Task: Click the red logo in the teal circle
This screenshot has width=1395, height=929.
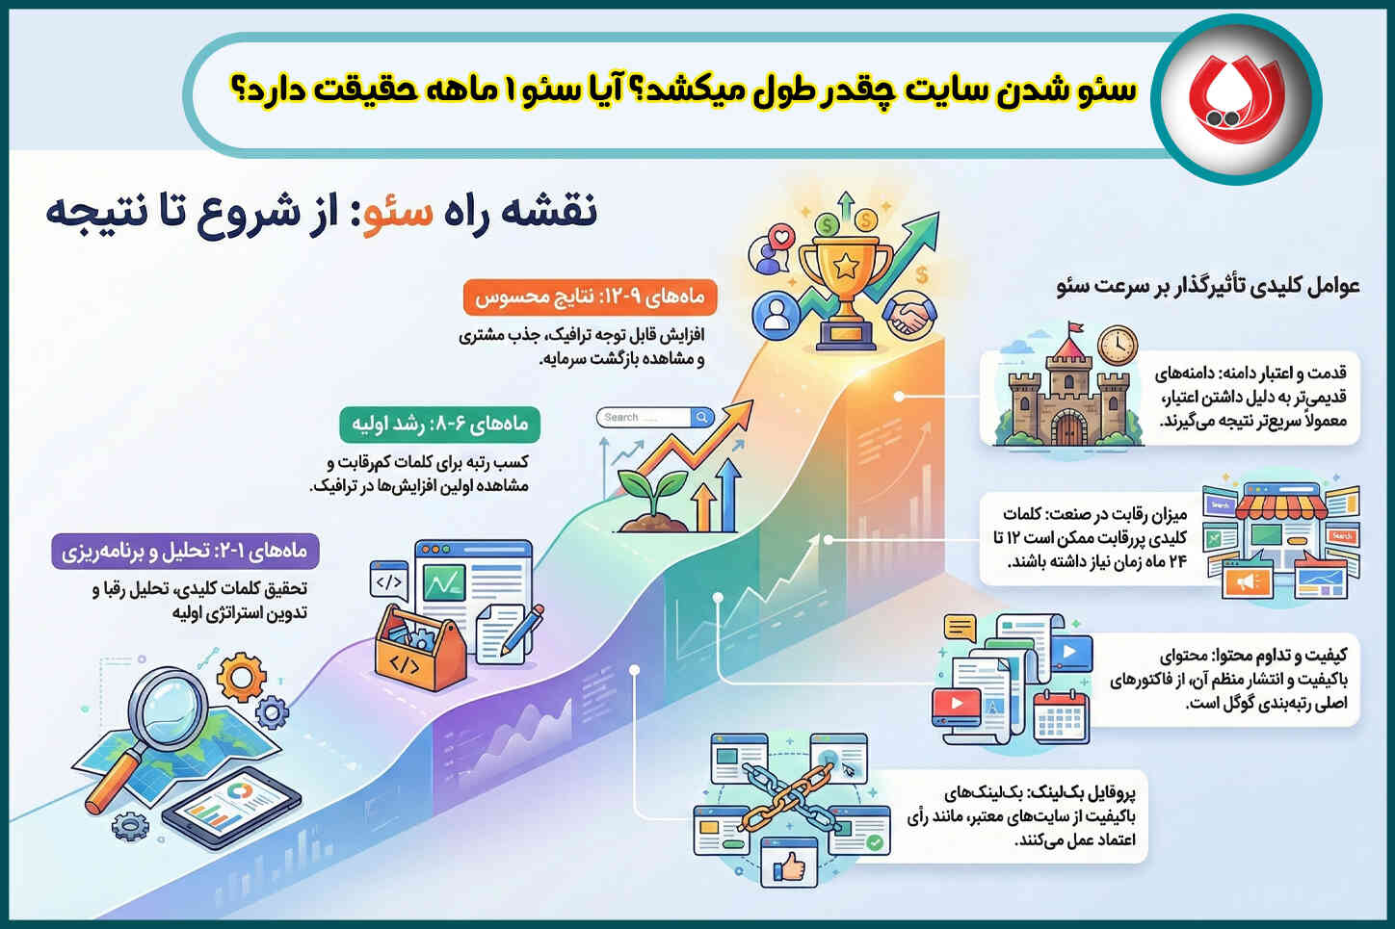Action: point(1236,98)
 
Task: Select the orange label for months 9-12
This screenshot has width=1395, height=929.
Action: point(591,297)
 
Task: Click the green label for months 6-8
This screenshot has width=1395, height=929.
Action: point(440,424)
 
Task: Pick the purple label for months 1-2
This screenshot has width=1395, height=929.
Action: point(185,552)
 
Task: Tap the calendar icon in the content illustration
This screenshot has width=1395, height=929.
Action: point(1061,715)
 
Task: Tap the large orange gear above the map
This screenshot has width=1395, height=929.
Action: point(241,677)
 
